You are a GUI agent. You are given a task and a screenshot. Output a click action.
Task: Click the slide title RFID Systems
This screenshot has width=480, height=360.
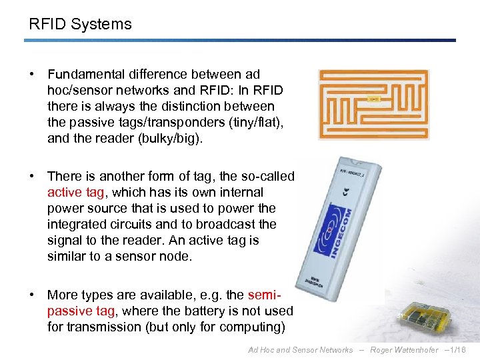(x=80, y=25)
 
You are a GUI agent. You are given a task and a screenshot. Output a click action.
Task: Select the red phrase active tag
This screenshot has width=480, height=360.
(x=75, y=192)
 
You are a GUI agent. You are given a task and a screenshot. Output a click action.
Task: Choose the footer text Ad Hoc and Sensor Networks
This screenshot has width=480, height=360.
(x=300, y=350)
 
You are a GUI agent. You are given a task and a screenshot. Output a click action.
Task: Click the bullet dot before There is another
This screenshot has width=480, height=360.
(x=31, y=176)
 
